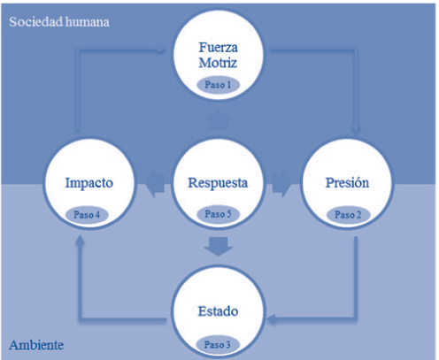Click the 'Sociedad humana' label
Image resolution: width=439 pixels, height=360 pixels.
(59, 22)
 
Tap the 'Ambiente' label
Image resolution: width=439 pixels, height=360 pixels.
(36, 345)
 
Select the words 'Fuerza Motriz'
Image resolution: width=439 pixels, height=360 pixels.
(218, 55)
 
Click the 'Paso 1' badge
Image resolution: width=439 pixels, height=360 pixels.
(218, 85)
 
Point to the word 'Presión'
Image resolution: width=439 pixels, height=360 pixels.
(347, 182)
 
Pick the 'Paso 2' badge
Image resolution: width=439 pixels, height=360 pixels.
(348, 214)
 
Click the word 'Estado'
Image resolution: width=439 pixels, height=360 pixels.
(218, 311)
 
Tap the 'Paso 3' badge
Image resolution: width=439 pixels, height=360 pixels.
(218, 344)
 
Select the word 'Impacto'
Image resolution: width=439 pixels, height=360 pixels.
(89, 183)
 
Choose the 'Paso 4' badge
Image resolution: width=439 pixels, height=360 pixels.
(87, 214)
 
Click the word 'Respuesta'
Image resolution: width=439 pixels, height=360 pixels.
(218, 183)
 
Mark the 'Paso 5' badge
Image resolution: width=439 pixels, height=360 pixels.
(218, 214)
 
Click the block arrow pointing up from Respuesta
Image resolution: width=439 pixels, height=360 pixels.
(218, 120)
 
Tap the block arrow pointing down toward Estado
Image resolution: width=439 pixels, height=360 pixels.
(219, 247)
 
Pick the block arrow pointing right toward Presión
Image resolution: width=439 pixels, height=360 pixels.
(281, 183)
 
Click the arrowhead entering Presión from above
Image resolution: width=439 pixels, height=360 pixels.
(356, 129)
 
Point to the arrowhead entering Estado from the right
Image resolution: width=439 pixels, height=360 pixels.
(272, 318)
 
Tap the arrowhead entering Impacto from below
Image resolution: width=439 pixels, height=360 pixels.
(80, 241)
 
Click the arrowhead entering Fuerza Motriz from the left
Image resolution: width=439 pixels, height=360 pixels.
(161, 48)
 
